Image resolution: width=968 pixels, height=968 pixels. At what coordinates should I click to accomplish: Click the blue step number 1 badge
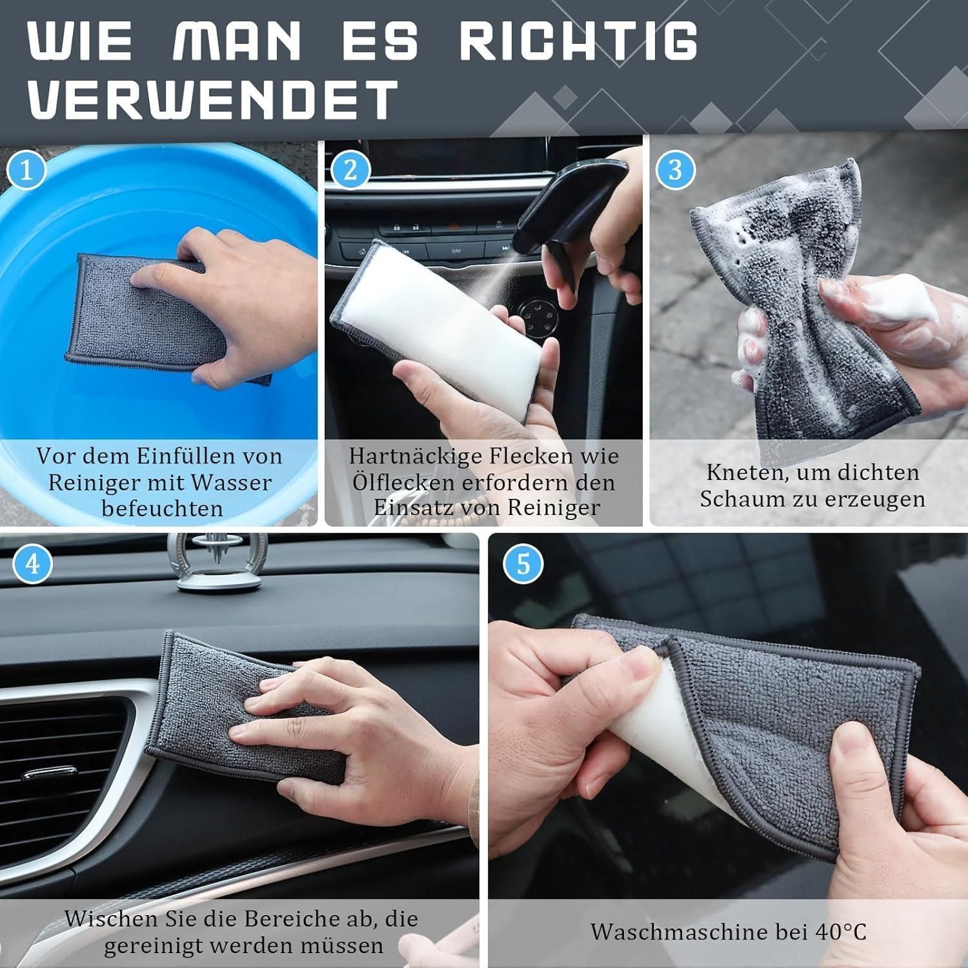(26, 170)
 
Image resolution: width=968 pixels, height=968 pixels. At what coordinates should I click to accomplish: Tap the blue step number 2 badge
(351, 170)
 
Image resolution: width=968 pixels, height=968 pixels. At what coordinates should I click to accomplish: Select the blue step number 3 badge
(675, 170)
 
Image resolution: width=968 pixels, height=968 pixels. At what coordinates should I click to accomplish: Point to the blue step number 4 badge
(32, 563)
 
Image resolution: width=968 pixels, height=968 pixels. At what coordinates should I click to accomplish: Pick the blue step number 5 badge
(523, 563)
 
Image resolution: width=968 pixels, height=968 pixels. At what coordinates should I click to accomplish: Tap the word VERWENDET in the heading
(212, 98)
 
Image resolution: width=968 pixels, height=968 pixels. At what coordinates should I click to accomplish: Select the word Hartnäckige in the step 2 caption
(417, 457)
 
